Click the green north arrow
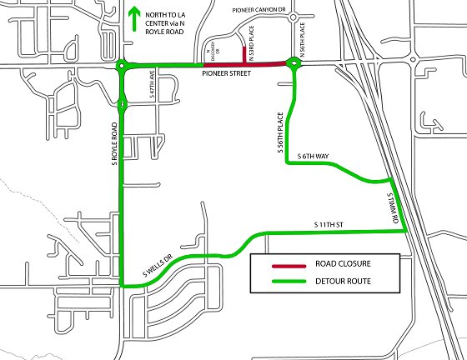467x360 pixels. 134,18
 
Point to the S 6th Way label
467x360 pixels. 314,157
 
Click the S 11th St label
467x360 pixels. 329,225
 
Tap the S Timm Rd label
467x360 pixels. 389,207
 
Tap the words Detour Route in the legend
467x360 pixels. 343,281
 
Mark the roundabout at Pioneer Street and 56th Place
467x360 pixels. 294,63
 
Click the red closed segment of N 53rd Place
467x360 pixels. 244,54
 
